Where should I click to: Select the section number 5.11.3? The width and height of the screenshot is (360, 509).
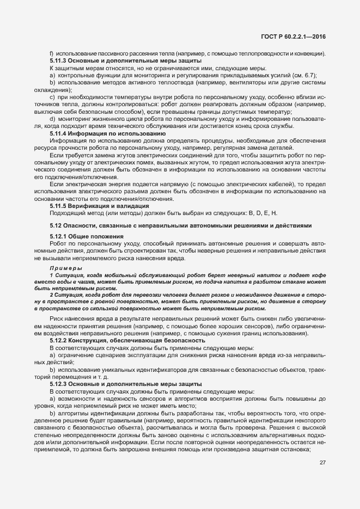(59, 60)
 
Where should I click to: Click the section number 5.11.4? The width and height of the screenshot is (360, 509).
(59, 133)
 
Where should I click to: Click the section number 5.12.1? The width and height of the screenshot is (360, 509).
(59, 236)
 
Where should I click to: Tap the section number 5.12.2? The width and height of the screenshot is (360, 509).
(59, 340)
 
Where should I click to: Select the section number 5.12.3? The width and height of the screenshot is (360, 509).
(59, 384)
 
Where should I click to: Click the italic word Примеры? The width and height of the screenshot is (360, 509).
(66, 269)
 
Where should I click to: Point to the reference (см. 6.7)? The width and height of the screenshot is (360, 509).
(303, 75)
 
